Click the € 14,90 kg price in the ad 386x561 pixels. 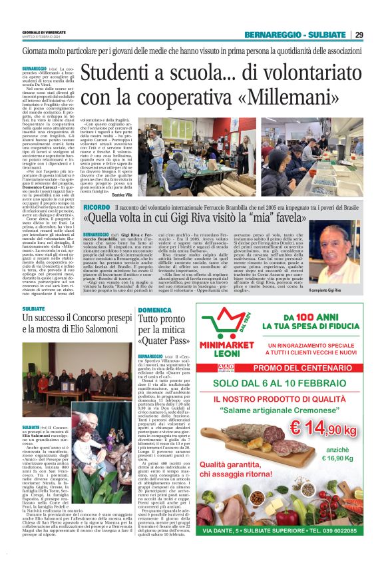[x=336, y=442]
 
